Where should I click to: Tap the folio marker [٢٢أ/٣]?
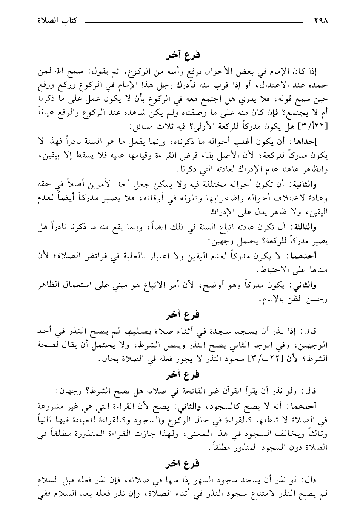point(311,125)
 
